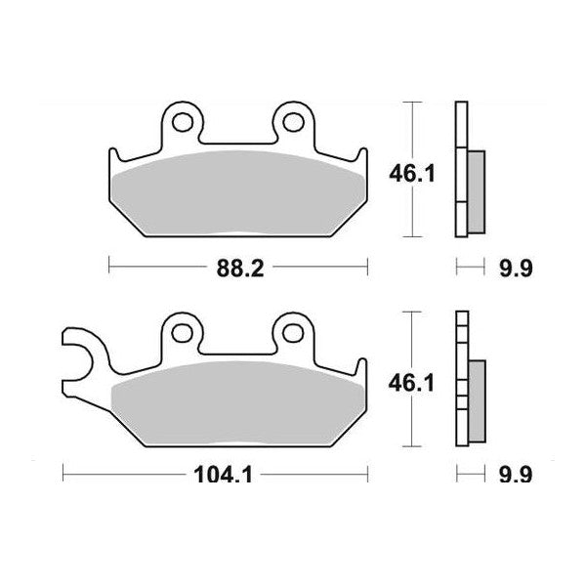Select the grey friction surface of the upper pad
(x=236, y=190)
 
